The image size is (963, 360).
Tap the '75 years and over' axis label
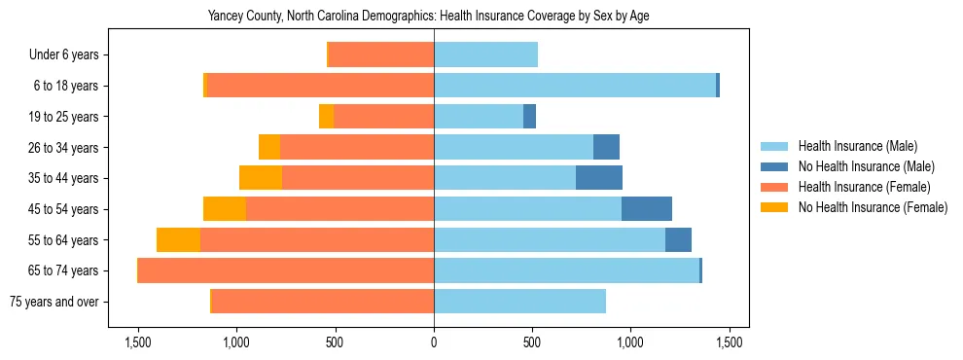tap(53, 302)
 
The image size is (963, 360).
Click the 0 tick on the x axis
tap(434, 342)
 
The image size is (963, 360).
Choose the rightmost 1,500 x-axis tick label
tap(730, 342)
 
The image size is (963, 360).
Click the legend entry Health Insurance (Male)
tap(857, 146)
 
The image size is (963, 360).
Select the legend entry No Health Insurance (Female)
tap(873, 207)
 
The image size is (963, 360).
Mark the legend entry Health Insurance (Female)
tap(864, 187)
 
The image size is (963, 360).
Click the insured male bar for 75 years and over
tap(519, 302)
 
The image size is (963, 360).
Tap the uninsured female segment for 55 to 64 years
tap(178, 240)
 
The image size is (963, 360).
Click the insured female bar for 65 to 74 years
tap(286, 270)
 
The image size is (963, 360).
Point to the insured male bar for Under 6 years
tap(485, 55)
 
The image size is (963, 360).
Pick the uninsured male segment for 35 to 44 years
tap(599, 178)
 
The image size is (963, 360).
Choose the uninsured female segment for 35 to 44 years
tap(261, 178)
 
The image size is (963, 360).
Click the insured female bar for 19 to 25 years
tap(383, 117)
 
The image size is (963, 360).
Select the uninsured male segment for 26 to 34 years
tap(606, 148)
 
